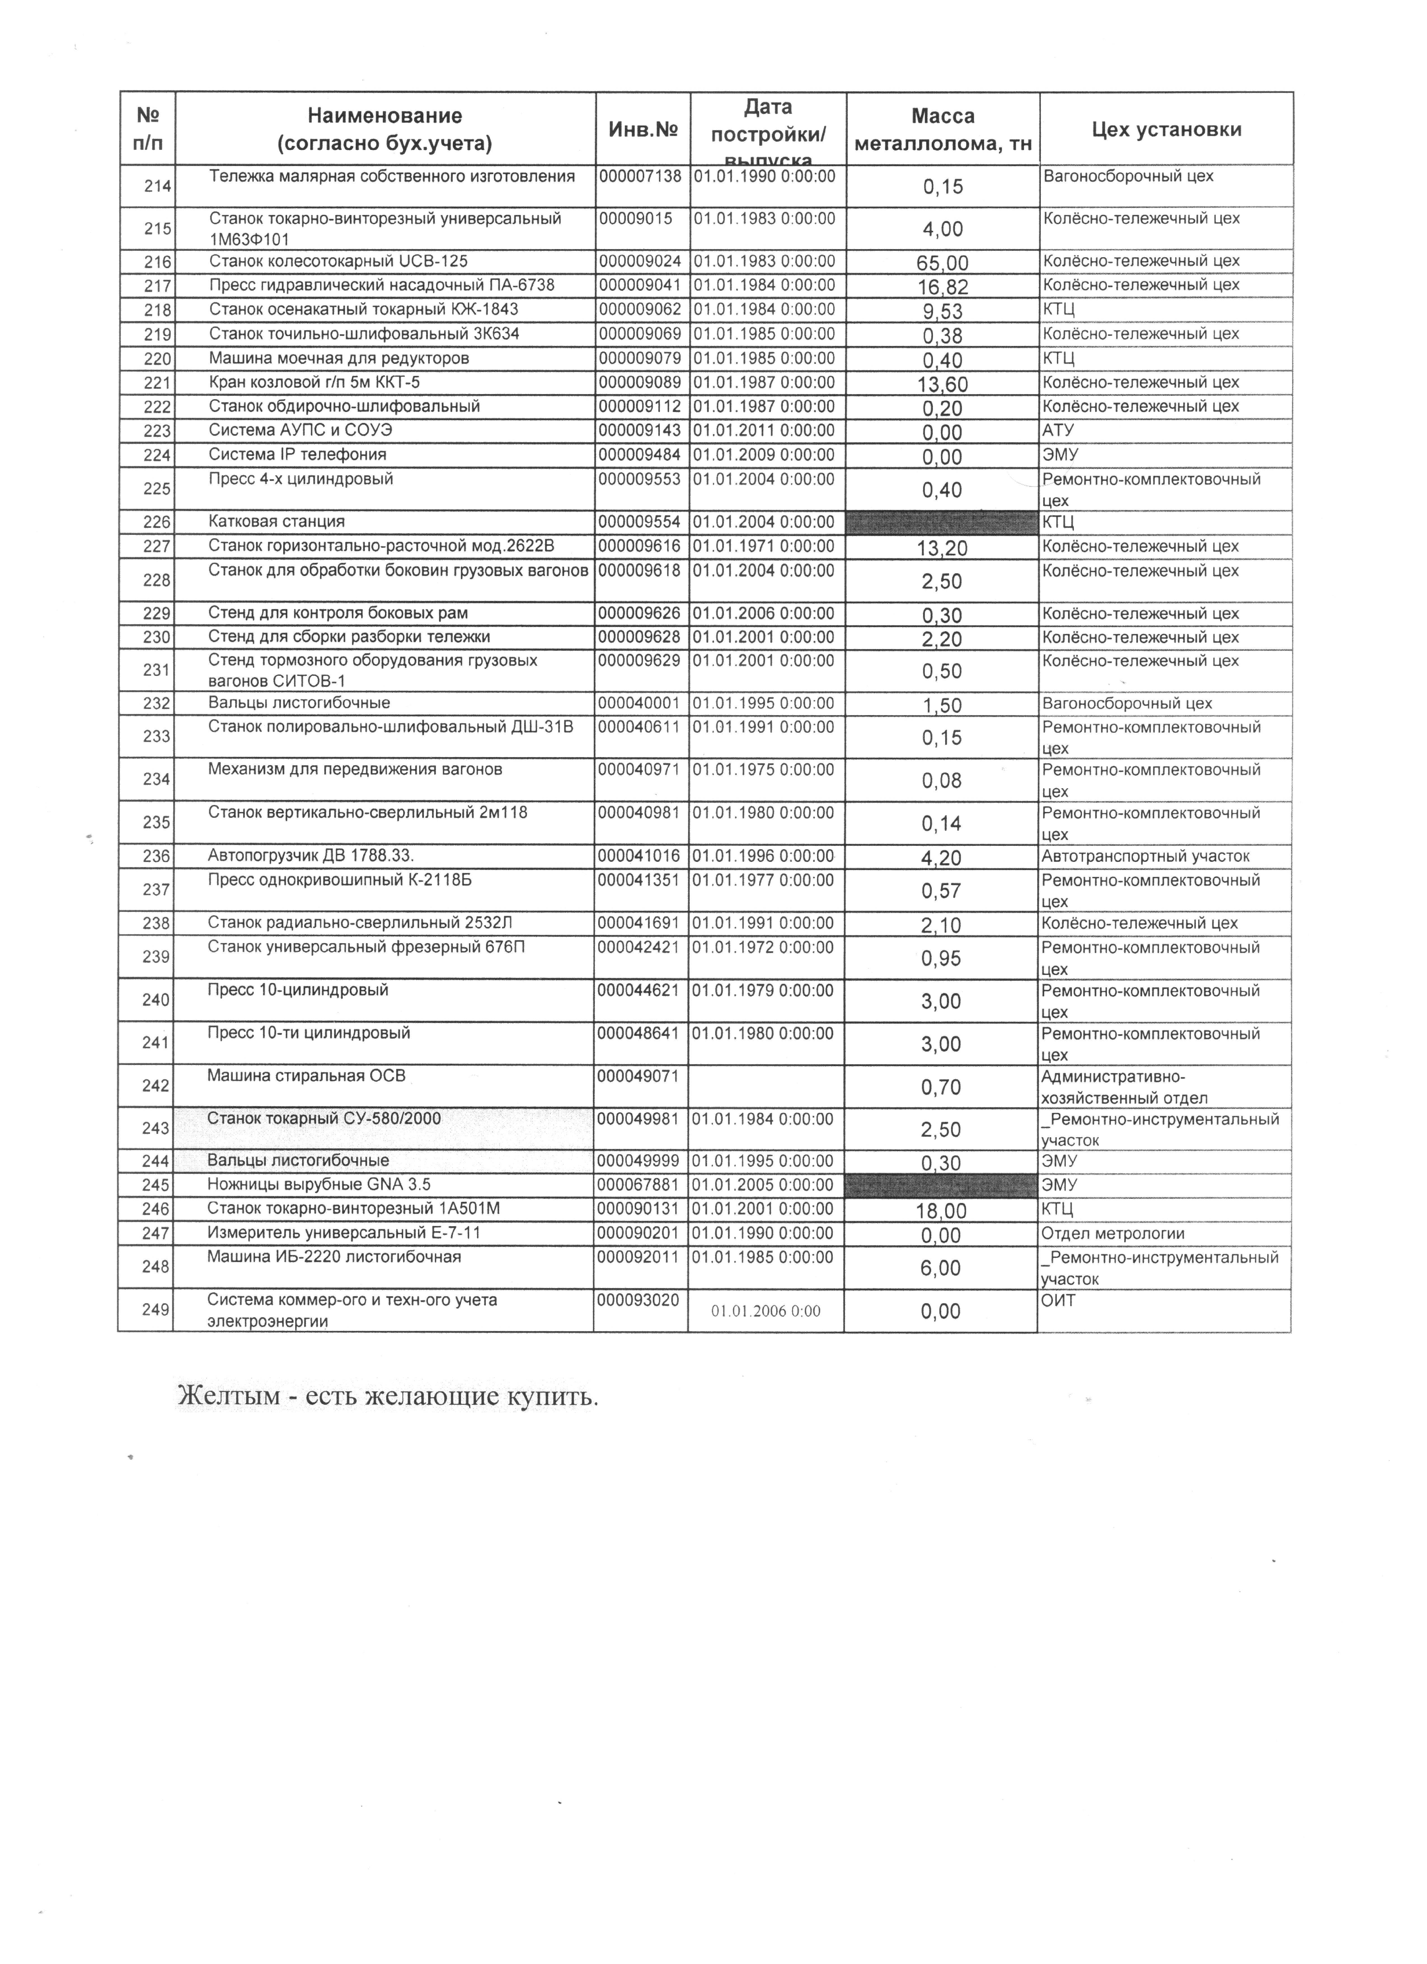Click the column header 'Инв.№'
pyautogui.click(x=642, y=130)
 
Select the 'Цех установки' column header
pyautogui.click(x=1167, y=130)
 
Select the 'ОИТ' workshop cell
pyautogui.click(x=1058, y=1300)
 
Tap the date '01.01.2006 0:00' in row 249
pyautogui.click(x=766, y=1310)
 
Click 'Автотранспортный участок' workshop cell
pyautogui.click(x=1146, y=856)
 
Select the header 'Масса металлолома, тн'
pyautogui.click(x=942, y=130)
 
